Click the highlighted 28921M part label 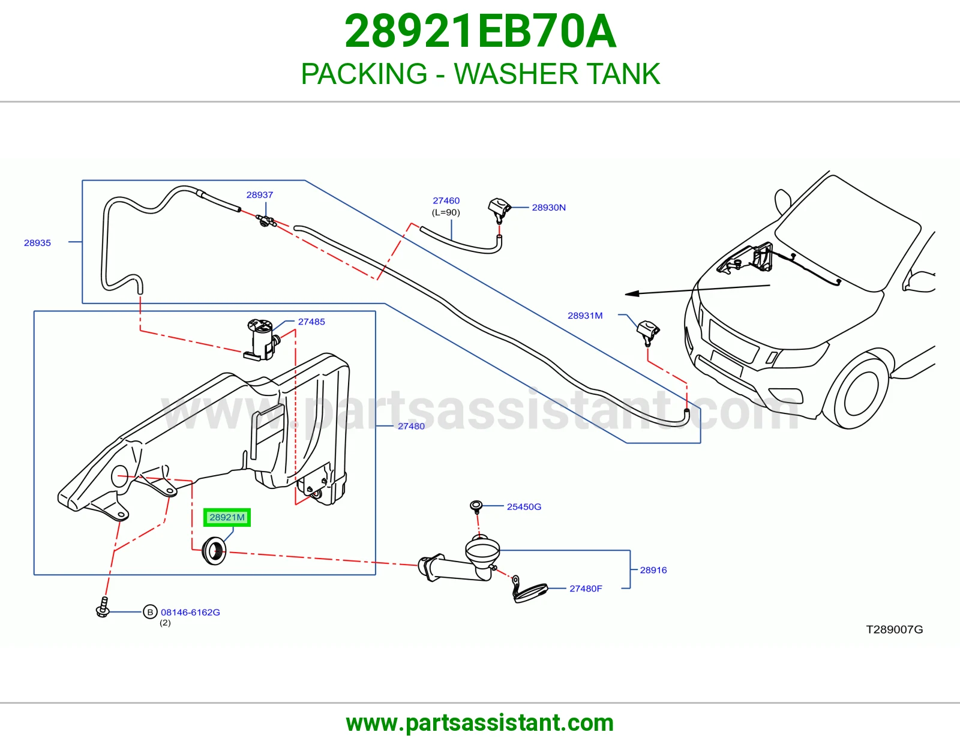(x=227, y=517)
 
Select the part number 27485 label (x=311, y=322)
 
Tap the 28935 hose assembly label (x=38, y=242)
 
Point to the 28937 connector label (x=260, y=195)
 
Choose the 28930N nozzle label (x=548, y=207)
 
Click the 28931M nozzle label (x=585, y=316)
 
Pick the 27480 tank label (x=412, y=426)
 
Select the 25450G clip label (x=524, y=507)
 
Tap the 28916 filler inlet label (x=653, y=570)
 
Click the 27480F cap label (x=586, y=589)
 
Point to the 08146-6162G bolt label (x=190, y=613)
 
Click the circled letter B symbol (x=150, y=612)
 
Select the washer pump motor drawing (x=262, y=340)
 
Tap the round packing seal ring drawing (x=214, y=550)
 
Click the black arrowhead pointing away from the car (x=632, y=293)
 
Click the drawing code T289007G (x=894, y=629)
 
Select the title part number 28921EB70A (x=480, y=31)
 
